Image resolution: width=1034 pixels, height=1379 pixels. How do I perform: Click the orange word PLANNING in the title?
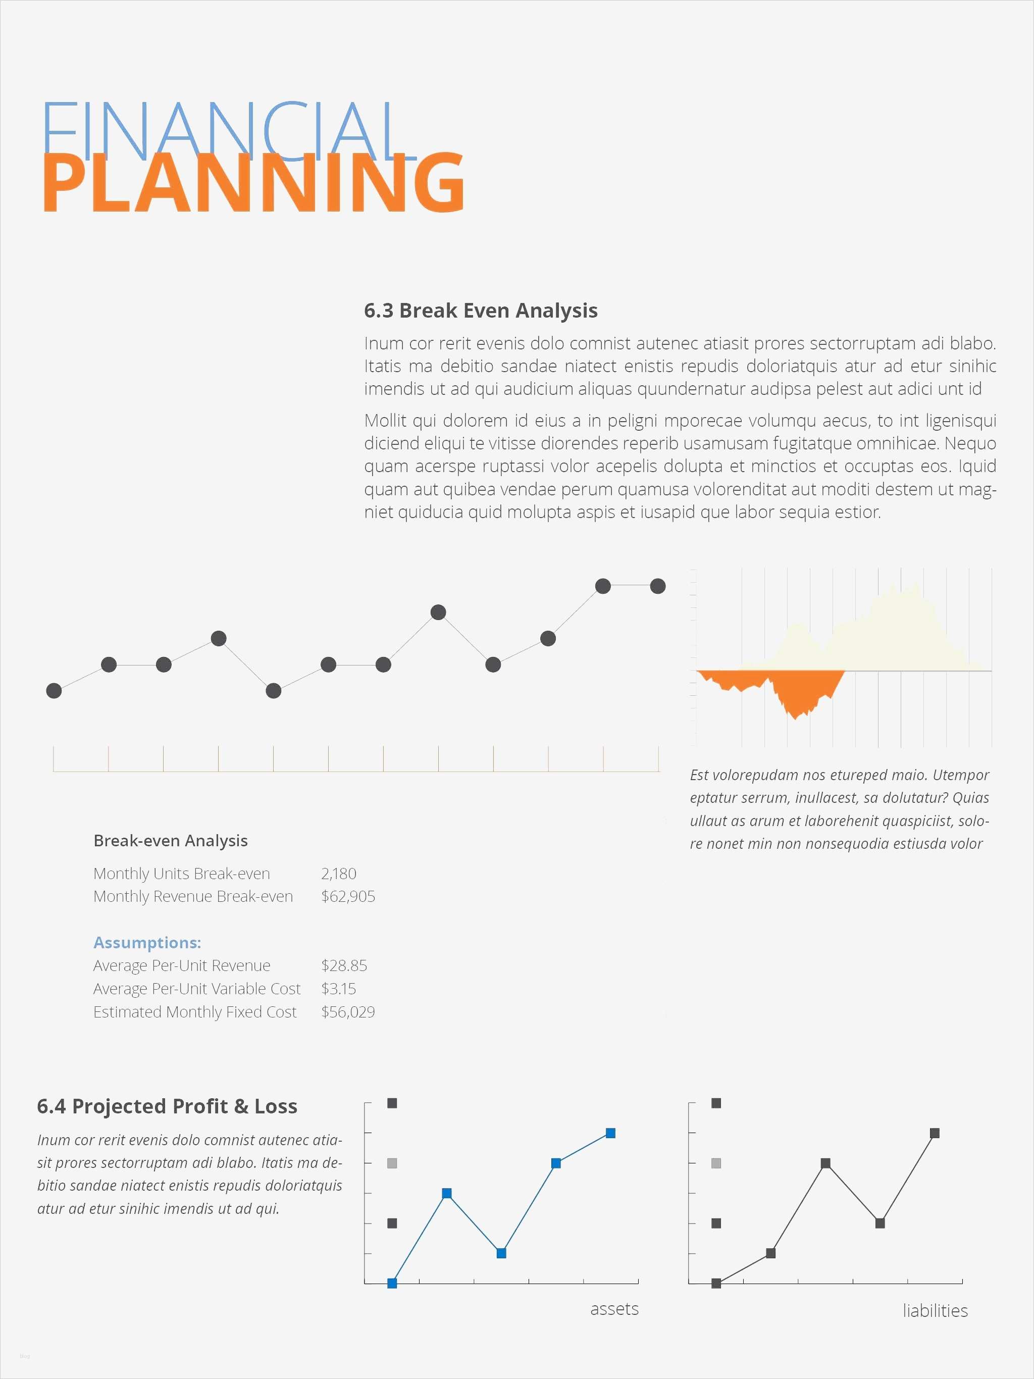[252, 183]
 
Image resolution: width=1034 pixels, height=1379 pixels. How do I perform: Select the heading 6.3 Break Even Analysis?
[481, 311]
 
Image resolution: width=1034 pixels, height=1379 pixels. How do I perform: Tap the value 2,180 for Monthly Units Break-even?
[338, 874]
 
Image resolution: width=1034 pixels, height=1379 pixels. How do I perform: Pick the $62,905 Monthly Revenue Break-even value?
[348, 896]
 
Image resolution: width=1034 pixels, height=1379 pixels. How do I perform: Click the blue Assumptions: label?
[147, 943]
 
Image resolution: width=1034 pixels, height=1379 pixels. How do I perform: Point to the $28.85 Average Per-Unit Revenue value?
[344, 965]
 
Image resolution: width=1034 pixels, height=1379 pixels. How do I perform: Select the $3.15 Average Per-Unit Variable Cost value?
[338, 989]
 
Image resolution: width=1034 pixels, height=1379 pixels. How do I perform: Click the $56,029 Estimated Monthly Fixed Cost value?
[348, 1012]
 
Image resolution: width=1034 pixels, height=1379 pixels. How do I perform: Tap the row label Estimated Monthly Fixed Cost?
[194, 1012]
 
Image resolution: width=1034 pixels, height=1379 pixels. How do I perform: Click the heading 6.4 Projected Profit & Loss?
[167, 1106]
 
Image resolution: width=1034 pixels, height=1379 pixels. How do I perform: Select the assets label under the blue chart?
[614, 1308]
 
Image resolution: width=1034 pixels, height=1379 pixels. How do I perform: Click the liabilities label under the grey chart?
[935, 1310]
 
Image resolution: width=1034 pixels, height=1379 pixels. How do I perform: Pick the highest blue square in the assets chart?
[611, 1133]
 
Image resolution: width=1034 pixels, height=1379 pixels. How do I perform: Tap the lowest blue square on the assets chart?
[392, 1283]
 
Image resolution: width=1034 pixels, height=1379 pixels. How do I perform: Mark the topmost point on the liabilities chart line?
[934, 1133]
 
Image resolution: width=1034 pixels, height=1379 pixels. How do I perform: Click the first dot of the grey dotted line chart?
[54, 691]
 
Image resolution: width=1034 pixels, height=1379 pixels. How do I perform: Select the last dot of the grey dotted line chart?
[657, 586]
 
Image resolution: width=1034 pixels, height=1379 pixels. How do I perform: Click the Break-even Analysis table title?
[170, 841]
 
